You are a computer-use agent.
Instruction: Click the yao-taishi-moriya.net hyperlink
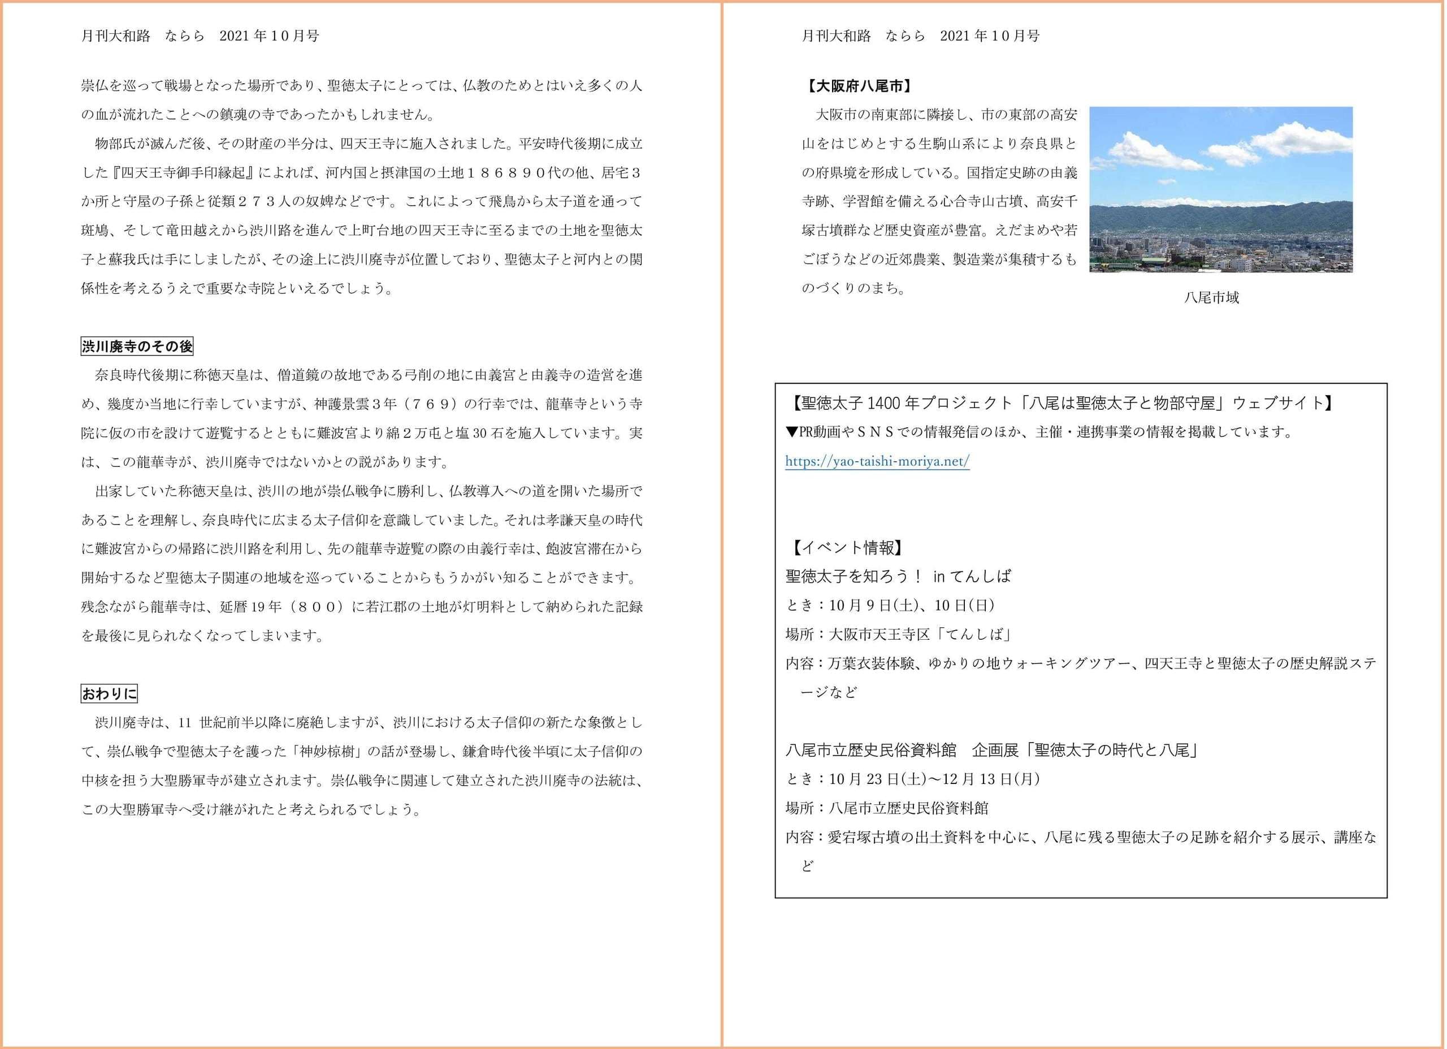(877, 461)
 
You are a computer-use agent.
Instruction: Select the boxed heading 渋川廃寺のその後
(137, 346)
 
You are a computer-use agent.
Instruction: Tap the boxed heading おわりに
(109, 693)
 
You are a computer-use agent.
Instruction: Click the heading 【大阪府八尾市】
(858, 86)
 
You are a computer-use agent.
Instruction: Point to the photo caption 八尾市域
(1211, 297)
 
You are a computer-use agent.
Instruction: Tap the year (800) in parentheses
(317, 607)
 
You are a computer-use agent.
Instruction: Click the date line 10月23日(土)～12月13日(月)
(935, 779)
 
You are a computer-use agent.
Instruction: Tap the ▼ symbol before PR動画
(792, 432)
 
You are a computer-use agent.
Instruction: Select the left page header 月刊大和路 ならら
(143, 36)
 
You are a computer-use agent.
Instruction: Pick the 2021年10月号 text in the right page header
(990, 36)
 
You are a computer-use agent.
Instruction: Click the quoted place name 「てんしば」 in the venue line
(973, 635)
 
